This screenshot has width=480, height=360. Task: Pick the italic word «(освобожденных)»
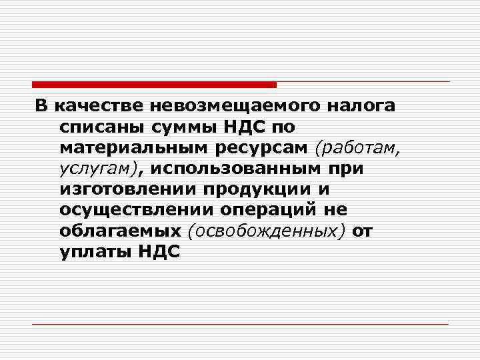pos(269,231)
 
